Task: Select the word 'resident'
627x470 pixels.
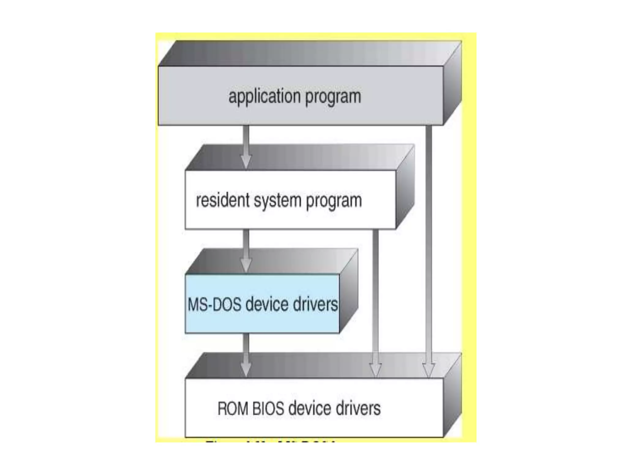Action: click(x=222, y=200)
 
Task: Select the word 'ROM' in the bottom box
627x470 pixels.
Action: click(x=233, y=408)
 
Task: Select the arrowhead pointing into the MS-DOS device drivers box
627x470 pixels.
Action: click(x=246, y=265)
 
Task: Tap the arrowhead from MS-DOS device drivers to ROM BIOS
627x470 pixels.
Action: click(x=246, y=369)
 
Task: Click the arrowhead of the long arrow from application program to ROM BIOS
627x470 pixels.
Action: click(x=429, y=370)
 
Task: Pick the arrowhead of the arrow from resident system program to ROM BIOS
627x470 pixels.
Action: click(x=376, y=370)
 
